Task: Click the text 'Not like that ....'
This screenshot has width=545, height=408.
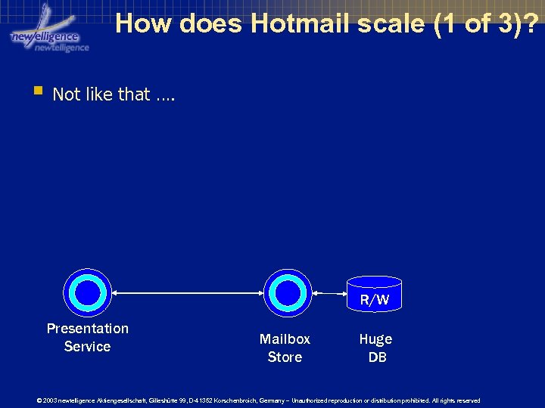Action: pyautogui.click(x=114, y=94)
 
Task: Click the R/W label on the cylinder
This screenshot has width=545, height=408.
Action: pyautogui.click(x=375, y=300)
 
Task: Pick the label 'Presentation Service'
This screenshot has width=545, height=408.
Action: pyautogui.click(x=88, y=338)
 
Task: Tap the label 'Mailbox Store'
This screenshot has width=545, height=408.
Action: pyautogui.click(x=285, y=348)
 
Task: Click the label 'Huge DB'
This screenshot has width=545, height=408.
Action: pyautogui.click(x=376, y=348)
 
